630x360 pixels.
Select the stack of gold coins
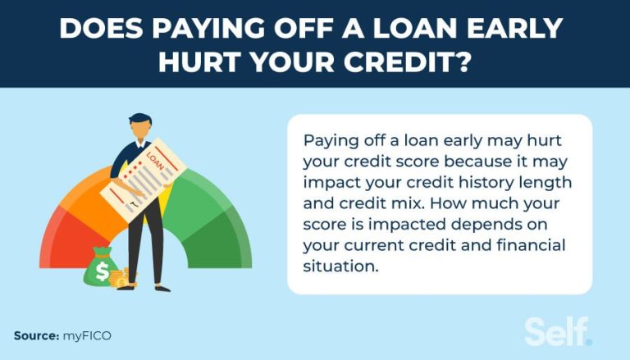(x=123, y=278)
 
